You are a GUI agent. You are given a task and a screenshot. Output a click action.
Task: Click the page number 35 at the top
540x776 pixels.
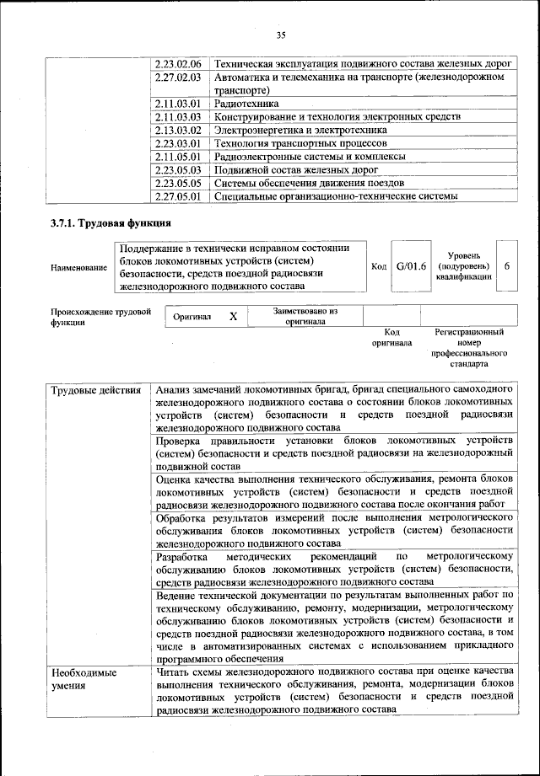coord(281,35)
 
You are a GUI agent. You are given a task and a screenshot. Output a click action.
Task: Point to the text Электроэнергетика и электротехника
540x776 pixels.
coord(300,131)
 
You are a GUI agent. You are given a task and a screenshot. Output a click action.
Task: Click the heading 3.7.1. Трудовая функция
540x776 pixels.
coord(111,223)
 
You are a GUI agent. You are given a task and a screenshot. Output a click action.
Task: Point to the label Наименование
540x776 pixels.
coord(78,267)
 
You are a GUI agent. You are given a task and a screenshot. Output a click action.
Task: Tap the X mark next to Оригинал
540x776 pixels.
coord(233,316)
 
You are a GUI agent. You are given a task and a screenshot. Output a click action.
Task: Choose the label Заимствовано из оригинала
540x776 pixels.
coord(305,316)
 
